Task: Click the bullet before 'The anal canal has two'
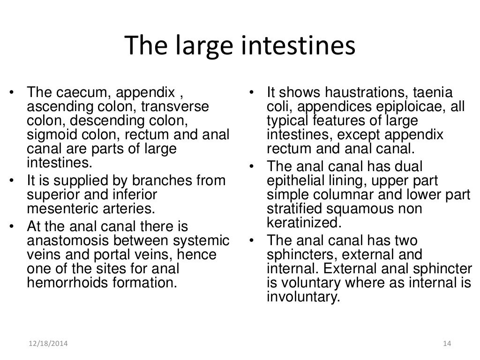[x=251, y=241]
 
